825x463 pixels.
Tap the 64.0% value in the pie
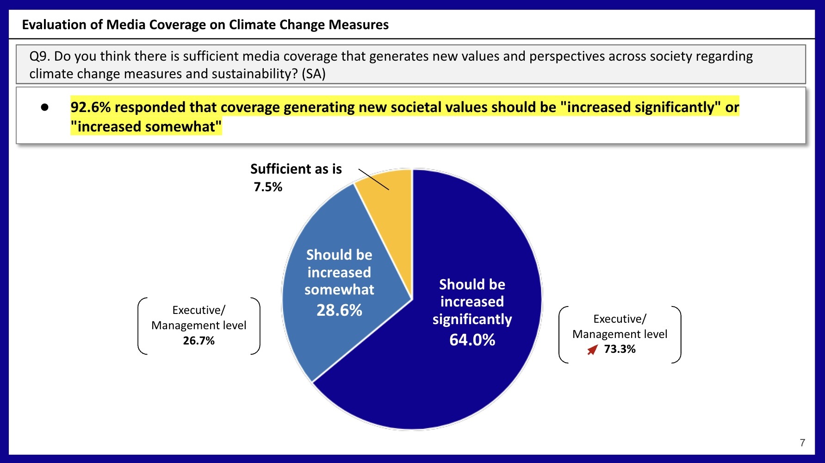point(472,340)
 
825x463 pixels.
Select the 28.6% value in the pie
point(339,310)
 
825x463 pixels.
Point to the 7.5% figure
point(268,187)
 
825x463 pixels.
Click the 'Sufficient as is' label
point(296,169)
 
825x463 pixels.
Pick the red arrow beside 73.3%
point(592,350)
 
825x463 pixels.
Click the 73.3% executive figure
point(620,349)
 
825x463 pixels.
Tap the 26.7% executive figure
point(198,341)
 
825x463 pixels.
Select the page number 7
point(802,443)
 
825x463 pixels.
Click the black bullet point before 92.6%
point(45,107)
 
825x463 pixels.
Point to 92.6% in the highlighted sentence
point(91,107)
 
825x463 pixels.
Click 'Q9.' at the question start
point(40,56)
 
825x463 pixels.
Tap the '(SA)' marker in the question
point(314,74)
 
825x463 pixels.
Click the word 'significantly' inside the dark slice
point(472,319)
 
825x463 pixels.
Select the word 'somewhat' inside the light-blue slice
point(339,290)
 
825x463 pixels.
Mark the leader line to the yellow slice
point(374,180)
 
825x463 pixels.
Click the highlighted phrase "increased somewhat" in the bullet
point(146,126)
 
